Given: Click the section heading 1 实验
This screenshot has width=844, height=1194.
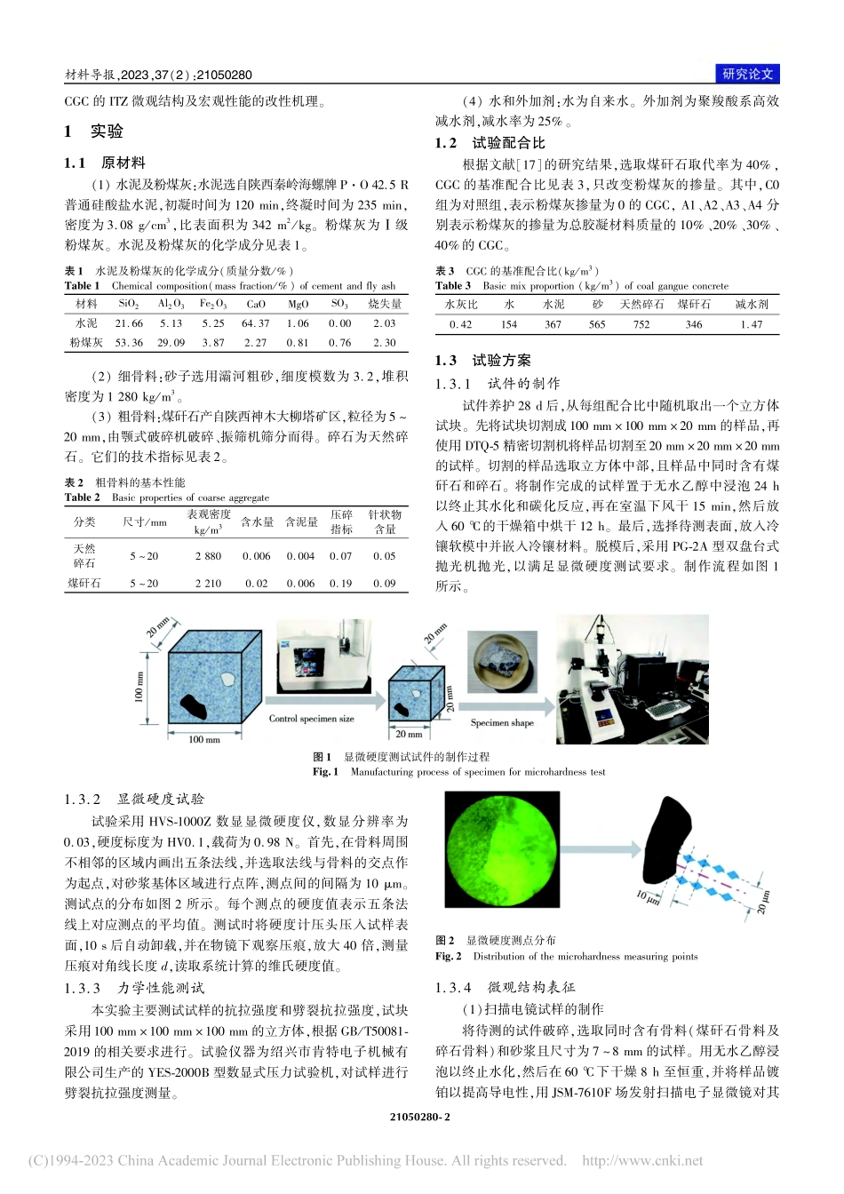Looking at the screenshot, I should [x=94, y=131].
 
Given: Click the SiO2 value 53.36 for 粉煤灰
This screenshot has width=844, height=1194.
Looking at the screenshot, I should [x=129, y=343].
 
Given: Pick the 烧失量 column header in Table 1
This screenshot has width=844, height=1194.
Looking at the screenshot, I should [x=384, y=304].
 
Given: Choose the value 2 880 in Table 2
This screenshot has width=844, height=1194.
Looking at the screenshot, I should [x=208, y=556].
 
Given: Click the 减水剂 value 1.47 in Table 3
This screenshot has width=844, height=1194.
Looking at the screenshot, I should [x=751, y=324].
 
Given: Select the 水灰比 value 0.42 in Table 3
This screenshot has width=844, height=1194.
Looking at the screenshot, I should [x=460, y=324].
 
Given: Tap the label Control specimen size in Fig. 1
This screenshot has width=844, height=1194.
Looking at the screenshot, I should [x=311, y=719].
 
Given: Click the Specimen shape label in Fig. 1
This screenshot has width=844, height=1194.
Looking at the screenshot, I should [x=502, y=722].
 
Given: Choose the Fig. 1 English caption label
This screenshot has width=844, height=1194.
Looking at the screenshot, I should [x=325, y=772].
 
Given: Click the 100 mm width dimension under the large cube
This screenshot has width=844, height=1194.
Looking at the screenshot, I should [x=203, y=739].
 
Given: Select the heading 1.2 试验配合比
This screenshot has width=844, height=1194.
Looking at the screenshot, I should [x=490, y=143].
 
